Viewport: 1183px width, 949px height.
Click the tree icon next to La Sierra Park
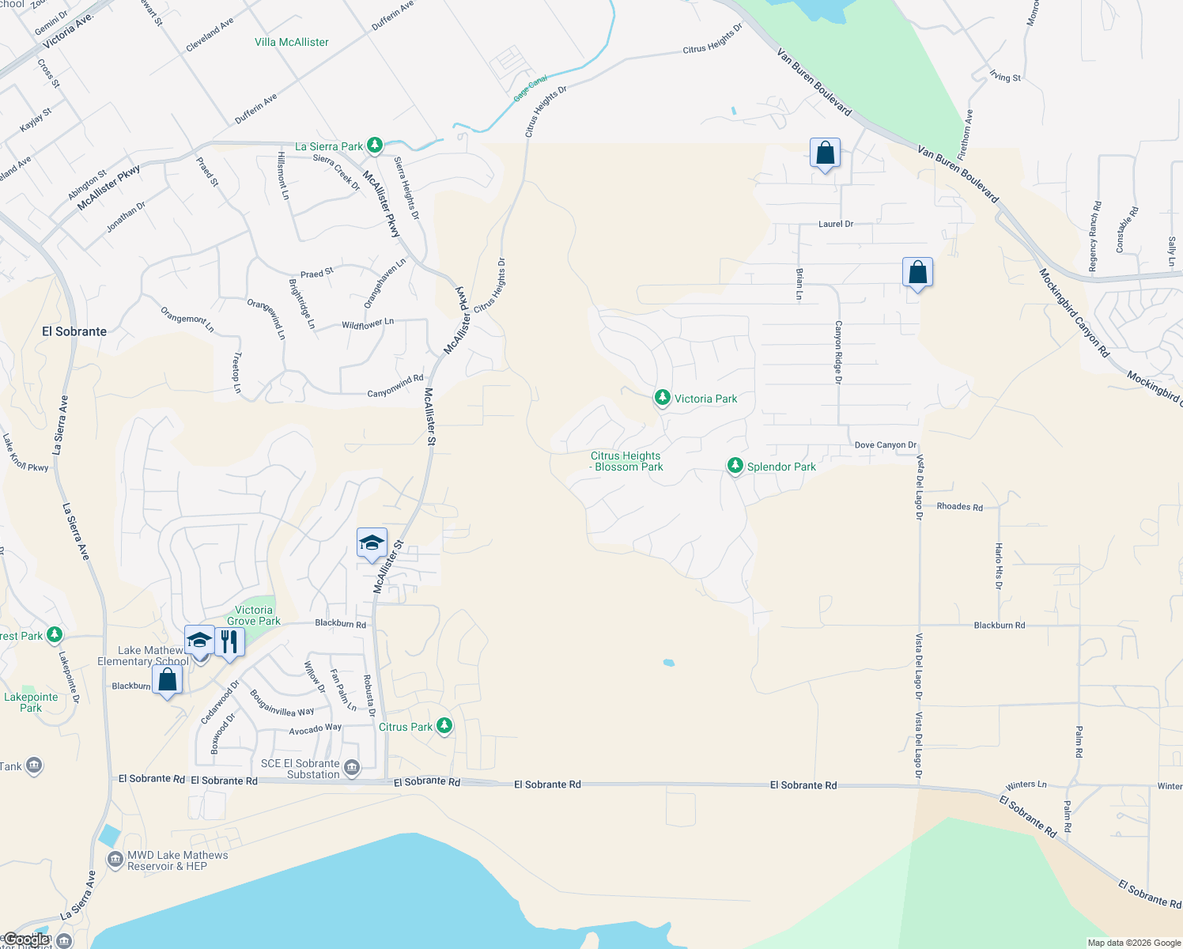375,146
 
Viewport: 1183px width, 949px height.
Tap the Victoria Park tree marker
663,398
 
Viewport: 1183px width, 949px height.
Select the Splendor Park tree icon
735,466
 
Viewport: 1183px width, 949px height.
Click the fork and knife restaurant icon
229,641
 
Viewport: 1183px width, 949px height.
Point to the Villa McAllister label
292,42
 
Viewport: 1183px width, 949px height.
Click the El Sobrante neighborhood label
74,331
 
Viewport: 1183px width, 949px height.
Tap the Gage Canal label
531,89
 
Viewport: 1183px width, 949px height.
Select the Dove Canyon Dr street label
886,445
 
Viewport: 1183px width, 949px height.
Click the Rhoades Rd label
959,507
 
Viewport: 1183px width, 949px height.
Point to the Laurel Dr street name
836,224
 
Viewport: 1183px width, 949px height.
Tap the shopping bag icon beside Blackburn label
167,679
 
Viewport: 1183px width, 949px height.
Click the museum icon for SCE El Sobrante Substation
352,767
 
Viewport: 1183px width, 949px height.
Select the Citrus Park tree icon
444,725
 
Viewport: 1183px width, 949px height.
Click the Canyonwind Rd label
395,387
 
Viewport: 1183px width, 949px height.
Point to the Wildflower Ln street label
368,323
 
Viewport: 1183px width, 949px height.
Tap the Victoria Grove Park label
254,615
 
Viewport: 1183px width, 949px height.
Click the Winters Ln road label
1026,785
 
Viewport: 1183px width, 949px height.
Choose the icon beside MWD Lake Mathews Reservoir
115,859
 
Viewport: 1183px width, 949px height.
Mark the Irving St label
1006,77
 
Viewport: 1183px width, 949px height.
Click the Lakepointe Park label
31,702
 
